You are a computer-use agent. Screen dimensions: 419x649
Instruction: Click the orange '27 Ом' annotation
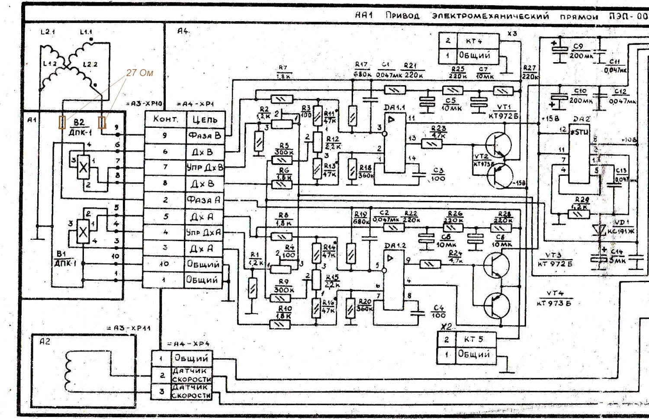139,73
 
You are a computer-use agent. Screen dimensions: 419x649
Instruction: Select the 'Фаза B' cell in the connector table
204,135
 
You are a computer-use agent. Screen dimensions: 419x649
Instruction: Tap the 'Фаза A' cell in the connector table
204,200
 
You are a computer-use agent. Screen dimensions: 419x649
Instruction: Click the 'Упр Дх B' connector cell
204,168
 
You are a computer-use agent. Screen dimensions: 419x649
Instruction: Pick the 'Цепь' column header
204,119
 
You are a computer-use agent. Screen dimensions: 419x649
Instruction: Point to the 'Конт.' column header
165,119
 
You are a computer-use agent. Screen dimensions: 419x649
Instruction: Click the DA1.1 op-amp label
395,107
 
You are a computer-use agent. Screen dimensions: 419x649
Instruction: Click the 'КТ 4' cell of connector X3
474,41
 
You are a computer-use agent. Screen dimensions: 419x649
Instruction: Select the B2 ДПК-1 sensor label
79,127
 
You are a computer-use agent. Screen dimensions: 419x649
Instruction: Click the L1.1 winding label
86,32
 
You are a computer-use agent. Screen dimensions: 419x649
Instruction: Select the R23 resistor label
438,131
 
